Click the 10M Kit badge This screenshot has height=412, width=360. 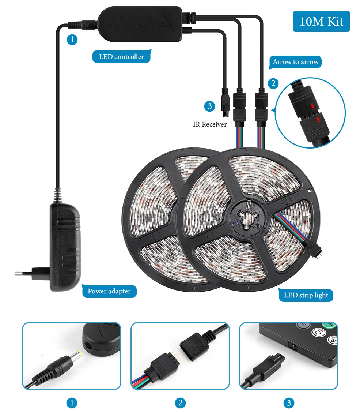pos(321,21)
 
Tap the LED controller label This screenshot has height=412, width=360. pos(121,57)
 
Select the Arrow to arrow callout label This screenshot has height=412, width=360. pos(296,62)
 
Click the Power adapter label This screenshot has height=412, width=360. pos(109,291)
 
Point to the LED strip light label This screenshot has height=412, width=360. pos(306,295)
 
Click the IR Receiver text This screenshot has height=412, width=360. pos(210,124)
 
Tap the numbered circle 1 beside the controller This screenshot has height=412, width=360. pos(72,40)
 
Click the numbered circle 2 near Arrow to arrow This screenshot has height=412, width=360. pos(273,83)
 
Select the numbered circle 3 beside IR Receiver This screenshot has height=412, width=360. pos(209,106)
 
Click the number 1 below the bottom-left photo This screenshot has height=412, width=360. pos(72,403)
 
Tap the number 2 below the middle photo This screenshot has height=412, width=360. pos(180,403)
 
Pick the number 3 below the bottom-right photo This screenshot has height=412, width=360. pos(289,403)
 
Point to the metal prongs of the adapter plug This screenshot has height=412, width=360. pos(23,273)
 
